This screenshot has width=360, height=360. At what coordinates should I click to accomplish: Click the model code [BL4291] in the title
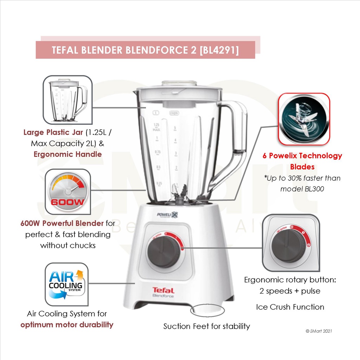[x=219, y=50]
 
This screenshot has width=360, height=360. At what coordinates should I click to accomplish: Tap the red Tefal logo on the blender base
[x=163, y=290]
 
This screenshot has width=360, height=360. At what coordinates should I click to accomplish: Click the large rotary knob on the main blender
[x=163, y=251]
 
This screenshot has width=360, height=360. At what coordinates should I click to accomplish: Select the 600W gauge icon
[x=68, y=192]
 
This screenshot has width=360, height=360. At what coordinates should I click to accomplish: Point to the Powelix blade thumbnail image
[x=304, y=120]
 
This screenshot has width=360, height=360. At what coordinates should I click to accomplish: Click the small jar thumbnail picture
[x=68, y=100]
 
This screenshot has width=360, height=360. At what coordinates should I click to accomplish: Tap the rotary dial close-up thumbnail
[x=291, y=243]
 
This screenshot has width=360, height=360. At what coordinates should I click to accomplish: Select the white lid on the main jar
[x=179, y=91]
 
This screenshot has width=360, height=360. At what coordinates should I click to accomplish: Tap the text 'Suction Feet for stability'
[x=207, y=326]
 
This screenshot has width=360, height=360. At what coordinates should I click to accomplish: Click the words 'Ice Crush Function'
[x=290, y=307]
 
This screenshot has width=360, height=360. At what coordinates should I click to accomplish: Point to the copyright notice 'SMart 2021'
[x=319, y=331]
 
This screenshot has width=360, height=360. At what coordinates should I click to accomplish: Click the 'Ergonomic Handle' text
[x=68, y=154]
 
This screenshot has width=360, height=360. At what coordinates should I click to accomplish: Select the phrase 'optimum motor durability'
[x=67, y=324]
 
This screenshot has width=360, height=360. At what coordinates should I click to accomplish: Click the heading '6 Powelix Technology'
[x=302, y=155]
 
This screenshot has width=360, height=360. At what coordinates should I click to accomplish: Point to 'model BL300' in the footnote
[x=302, y=189]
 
